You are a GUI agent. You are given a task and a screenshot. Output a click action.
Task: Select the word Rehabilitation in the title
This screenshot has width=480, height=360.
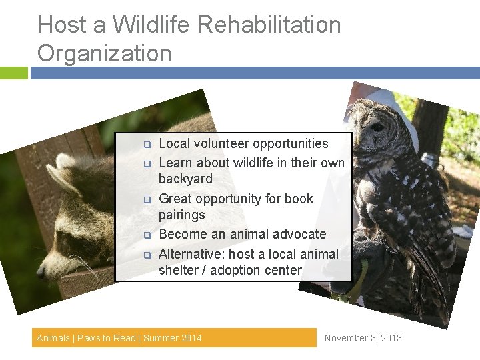tap(271, 25)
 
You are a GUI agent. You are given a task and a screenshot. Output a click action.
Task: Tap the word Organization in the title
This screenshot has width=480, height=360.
tap(104, 53)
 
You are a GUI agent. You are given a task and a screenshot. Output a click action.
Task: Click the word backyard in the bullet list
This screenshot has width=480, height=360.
tap(185, 179)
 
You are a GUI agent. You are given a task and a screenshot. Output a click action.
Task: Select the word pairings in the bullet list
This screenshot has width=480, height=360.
tap(181, 215)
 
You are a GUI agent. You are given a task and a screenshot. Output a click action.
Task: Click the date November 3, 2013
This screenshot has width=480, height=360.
tap(363, 338)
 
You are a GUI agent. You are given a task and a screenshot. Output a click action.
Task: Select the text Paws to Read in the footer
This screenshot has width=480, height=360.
tap(107, 338)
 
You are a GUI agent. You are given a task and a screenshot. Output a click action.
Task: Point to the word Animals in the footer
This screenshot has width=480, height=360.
tap(53, 338)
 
